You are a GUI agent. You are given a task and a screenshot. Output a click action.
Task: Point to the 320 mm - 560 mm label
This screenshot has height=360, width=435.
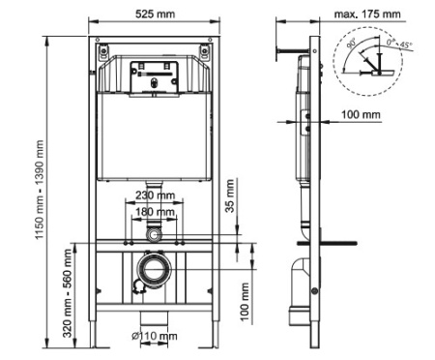coord(68,287)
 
